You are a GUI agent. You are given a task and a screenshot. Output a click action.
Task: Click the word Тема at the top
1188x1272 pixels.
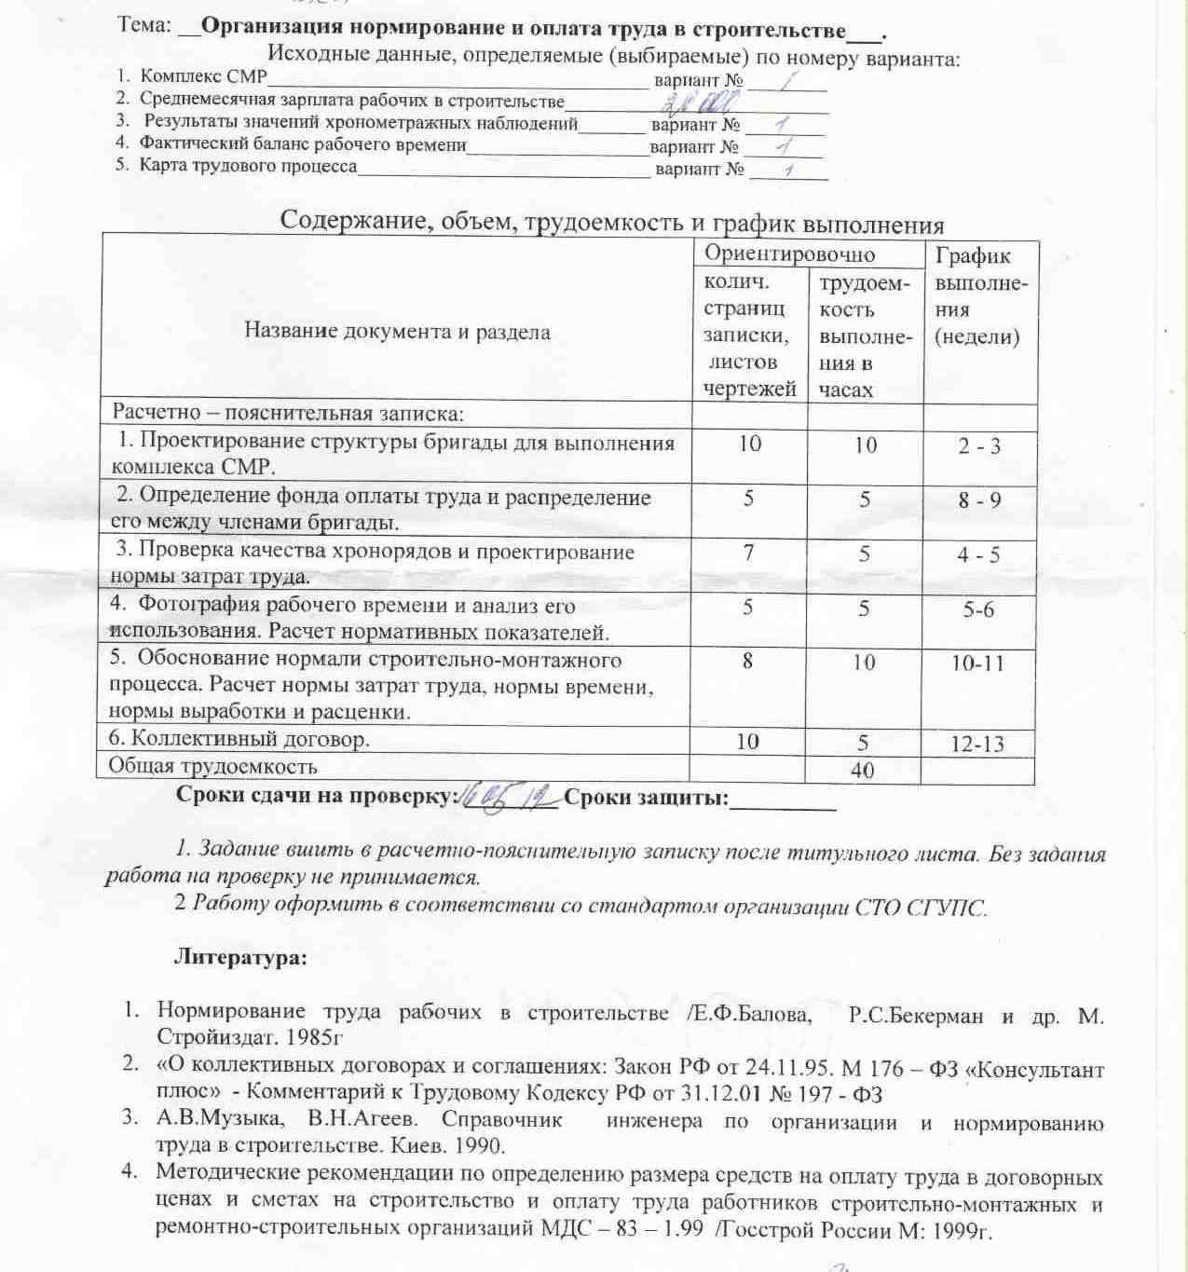tap(143, 26)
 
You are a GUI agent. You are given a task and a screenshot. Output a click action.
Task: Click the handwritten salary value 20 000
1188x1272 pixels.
tap(708, 101)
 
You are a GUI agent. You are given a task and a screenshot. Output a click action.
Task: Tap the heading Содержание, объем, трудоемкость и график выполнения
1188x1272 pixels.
tap(612, 225)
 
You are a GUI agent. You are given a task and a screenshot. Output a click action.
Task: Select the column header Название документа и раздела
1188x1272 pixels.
tap(397, 331)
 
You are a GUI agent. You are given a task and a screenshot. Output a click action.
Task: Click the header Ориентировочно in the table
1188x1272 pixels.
tap(789, 253)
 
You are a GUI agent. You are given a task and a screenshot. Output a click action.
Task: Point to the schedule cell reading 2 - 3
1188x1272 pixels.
tap(979, 445)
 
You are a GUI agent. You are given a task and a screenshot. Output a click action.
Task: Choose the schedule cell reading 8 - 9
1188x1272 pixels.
tap(979, 500)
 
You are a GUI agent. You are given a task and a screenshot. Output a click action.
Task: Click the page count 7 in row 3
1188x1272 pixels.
tap(749, 553)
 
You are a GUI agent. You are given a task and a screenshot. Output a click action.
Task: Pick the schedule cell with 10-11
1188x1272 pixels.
tap(977, 663)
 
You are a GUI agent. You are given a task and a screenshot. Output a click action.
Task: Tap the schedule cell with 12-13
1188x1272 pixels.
tap(977, 744)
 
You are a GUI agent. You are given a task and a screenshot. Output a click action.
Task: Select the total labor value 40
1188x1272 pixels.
tap(862, 771)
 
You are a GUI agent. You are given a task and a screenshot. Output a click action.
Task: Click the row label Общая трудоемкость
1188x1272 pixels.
tap(212, 767)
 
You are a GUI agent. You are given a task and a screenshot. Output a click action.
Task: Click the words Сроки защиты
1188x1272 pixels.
tap(646, 798)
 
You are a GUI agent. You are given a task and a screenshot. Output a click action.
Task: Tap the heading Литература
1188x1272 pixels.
tap(240, 957)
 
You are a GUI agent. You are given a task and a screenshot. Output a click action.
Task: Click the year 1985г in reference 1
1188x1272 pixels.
tap(317, 1036)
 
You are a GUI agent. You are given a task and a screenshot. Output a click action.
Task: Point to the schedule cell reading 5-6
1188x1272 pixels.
tap(978, 609)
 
